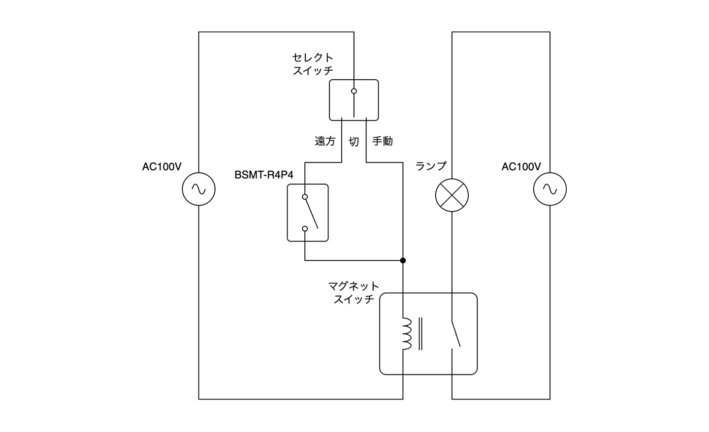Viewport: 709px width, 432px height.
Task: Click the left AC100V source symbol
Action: click(198, 189)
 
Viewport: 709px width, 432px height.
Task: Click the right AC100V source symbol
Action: click(550, 189)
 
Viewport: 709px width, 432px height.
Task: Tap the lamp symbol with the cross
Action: click(452, 195)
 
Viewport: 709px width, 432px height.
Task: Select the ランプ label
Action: click(431, 166)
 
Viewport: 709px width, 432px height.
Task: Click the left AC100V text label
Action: click(161, 167)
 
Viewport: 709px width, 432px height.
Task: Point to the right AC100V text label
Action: click(521, 167)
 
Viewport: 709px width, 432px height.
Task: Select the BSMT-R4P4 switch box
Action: click(308, 213)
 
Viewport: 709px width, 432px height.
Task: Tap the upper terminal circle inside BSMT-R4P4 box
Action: click(305, 197)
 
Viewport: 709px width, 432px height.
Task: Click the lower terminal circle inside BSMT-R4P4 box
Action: click(305, 228)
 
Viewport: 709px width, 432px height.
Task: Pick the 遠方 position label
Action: click(325, 141)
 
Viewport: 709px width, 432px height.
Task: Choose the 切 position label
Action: click(354, 141)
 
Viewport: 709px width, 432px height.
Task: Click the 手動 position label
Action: click(382, 141)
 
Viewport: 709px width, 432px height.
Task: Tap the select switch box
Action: click(354, 100)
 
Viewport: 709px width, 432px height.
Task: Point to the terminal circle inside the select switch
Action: click(354, 91)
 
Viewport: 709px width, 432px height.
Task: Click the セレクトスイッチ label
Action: click(313, 64)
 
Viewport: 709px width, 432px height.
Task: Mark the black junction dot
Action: click(403, 260)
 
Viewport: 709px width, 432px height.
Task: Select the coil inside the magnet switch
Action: click(406, 334)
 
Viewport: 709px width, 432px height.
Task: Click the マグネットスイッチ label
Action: click(354, 292)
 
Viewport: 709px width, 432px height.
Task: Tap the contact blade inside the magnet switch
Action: click(456, 334)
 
